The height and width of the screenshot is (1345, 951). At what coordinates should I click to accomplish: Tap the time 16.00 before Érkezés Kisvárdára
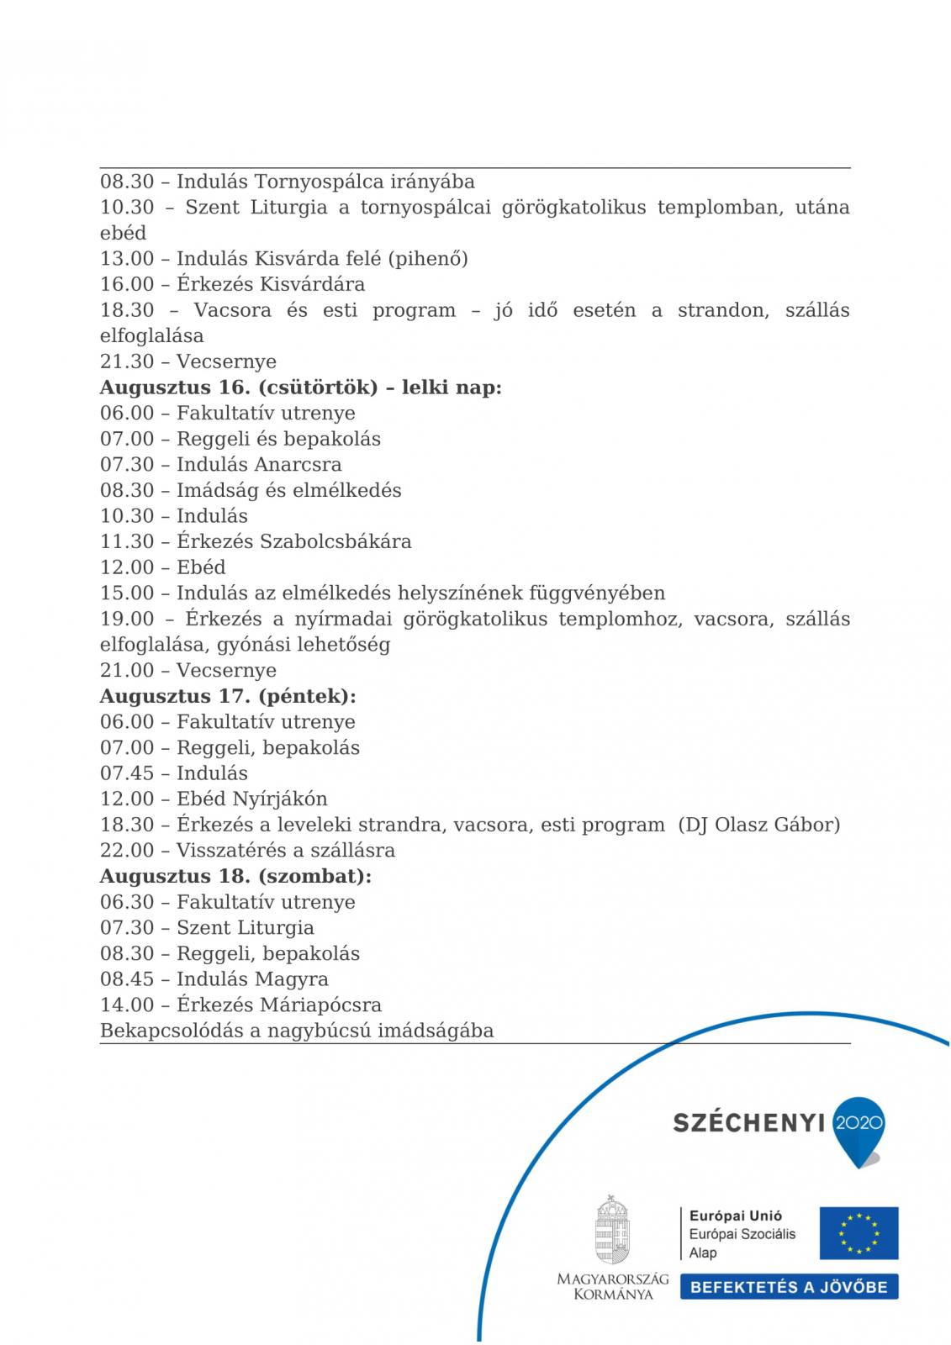[x=127, y=284]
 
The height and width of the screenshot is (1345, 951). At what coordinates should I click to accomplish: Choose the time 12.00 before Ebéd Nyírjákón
[x=127, y=799]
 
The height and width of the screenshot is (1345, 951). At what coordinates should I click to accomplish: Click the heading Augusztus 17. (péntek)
[x=228, y=696]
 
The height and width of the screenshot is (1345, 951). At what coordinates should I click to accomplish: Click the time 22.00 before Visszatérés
[x=127, y=850]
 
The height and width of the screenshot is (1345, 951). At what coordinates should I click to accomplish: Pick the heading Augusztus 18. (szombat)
[x=235, y=876]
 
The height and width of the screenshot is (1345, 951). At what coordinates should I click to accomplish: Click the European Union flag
[x=859, y=1233]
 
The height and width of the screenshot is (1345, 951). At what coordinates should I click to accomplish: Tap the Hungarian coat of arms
[x=612, y=1229]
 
